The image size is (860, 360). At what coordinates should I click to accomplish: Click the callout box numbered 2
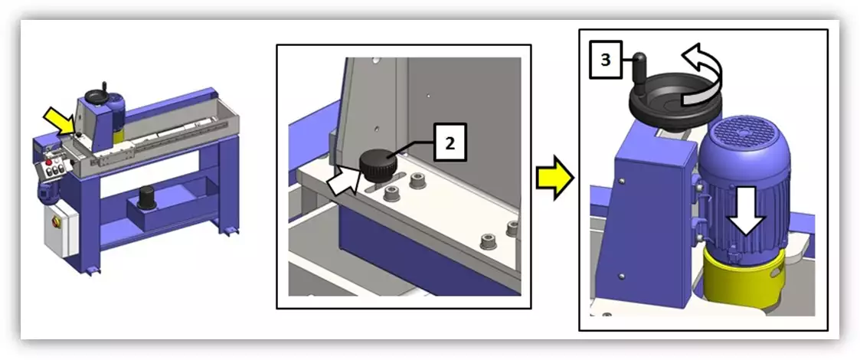(450, 142)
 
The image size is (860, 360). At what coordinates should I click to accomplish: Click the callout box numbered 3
(606, 60)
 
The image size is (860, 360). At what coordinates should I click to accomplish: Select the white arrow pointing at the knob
(343, 182)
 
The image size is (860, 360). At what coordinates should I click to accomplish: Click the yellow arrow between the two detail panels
(554, 177)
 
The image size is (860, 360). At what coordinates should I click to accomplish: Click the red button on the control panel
(48, 162)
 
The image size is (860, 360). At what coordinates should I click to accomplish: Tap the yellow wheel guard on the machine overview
(119, 133)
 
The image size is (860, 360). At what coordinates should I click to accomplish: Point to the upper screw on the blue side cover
(621, 180)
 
